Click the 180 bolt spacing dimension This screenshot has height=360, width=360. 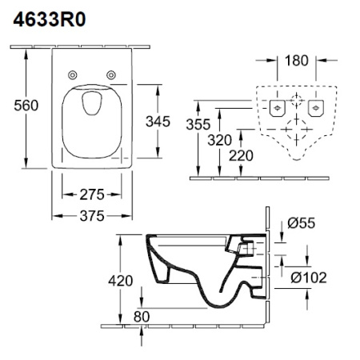296,61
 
